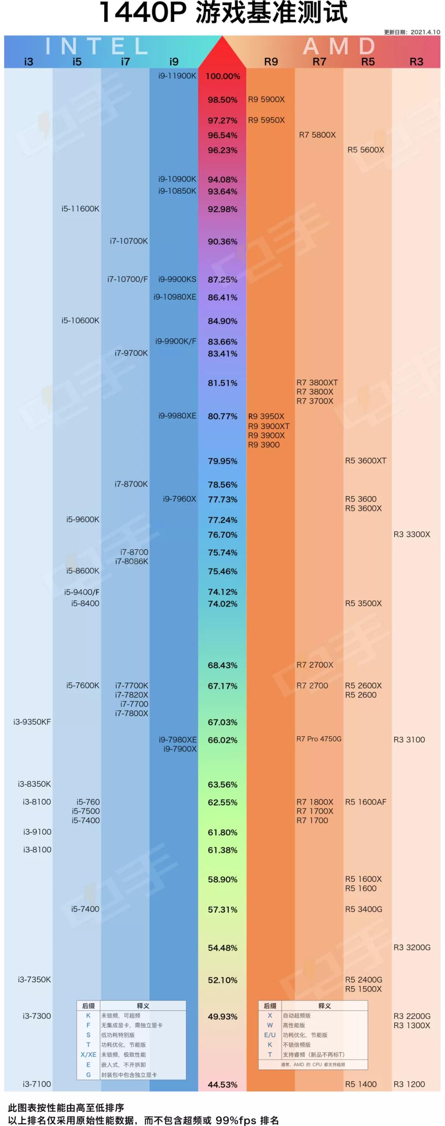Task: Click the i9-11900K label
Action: (177, 75)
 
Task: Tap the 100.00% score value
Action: (223, 76)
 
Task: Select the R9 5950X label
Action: (267, 120)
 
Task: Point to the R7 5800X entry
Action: (318, 134)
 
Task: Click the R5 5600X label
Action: (366, 149)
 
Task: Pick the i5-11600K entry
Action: (80, 209)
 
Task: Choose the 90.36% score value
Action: (223, 241)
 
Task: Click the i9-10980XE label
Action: (175, 297)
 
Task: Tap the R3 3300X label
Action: (412, 534)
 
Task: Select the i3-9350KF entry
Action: (32, 722)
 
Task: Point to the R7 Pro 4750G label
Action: (319, 739)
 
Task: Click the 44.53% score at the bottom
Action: (223, 1084)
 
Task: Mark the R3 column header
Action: (416, 61)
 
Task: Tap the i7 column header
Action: (125, 61)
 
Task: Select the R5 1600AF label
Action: (366, 802)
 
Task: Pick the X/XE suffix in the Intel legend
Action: (88, 1054)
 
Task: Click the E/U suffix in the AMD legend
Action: (270, 1035)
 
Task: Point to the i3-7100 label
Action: (37, 1084)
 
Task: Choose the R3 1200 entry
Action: (409, 1084)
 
